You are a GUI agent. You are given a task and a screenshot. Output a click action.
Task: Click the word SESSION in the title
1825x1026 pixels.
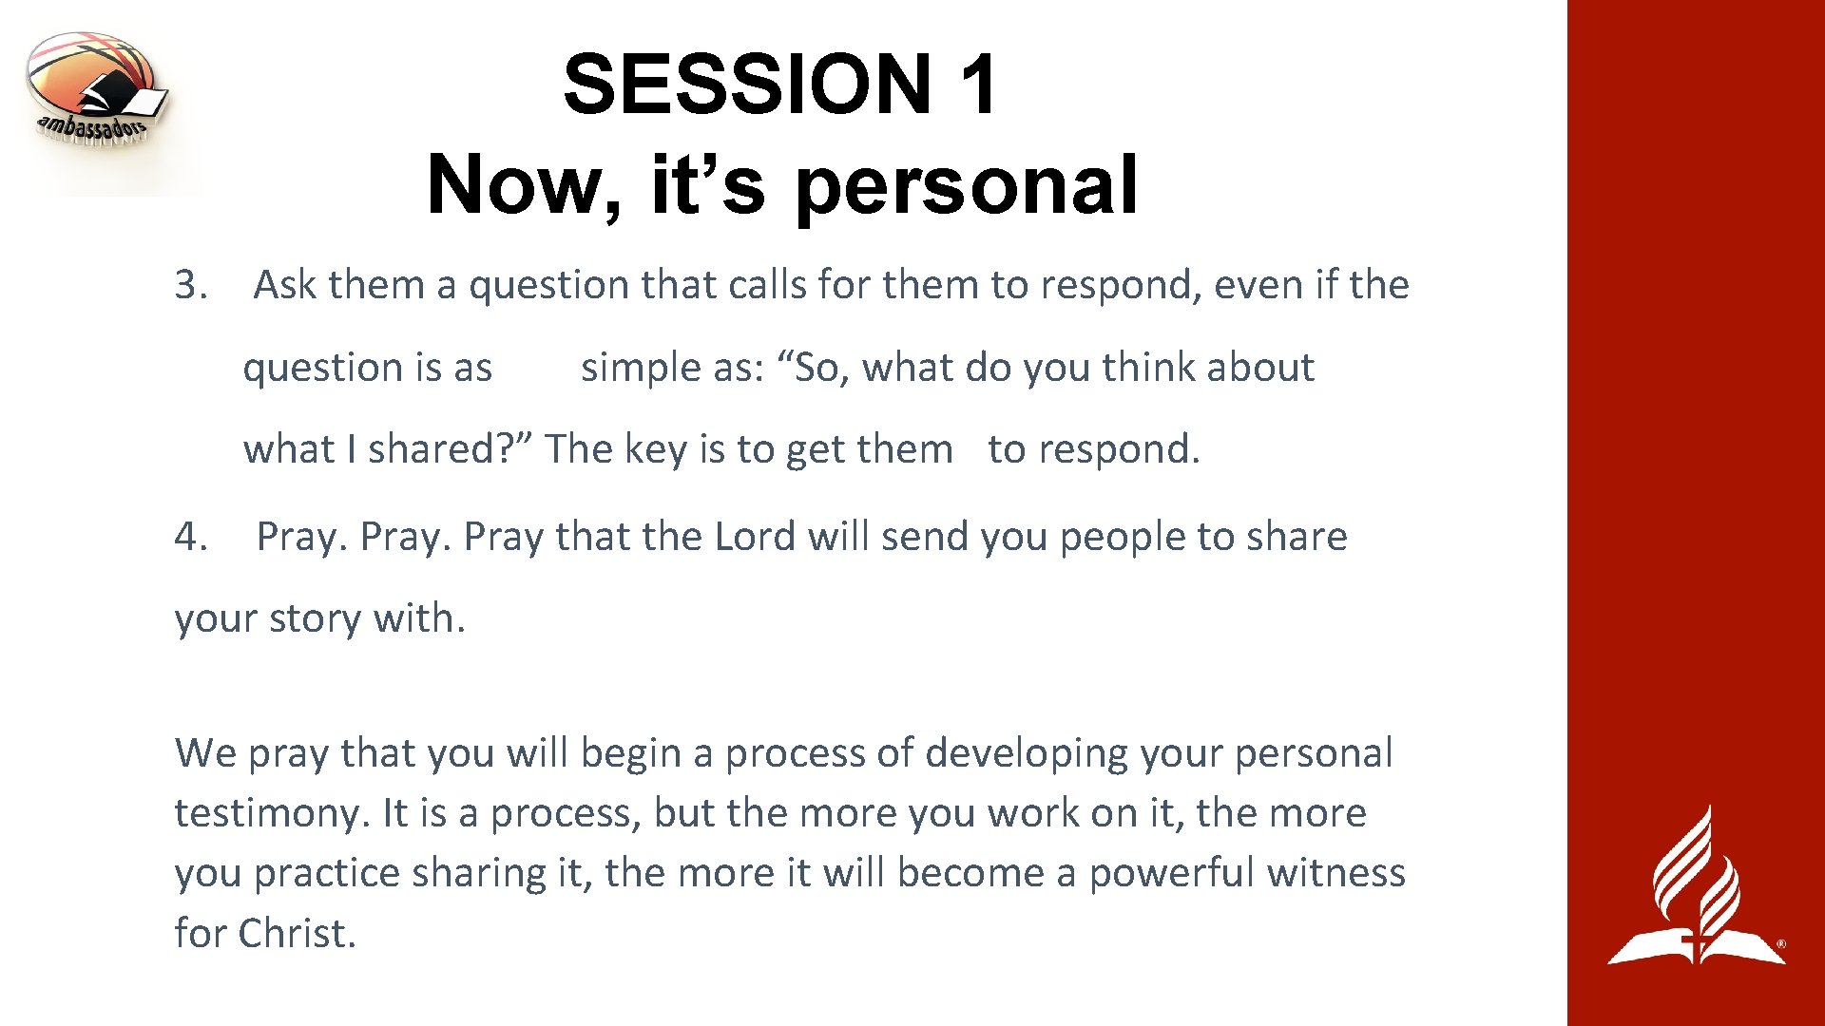[x=747, y=84]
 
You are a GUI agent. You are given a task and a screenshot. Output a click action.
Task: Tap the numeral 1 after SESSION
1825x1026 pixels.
[x=979, y=84]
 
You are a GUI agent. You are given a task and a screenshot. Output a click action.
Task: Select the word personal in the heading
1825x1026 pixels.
[x=966, y=184]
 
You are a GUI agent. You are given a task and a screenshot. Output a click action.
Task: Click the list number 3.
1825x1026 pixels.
[x=191, y=285]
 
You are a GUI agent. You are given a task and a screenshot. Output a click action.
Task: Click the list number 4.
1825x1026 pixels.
[x=191, y=537]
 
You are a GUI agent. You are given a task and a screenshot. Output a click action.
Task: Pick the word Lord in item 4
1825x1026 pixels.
[x=755, y=537]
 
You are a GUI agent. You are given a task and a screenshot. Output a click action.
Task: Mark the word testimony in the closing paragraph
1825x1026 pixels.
[x=271, y=814]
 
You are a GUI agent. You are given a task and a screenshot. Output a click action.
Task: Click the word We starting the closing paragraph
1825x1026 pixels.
[x=205, y=753]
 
